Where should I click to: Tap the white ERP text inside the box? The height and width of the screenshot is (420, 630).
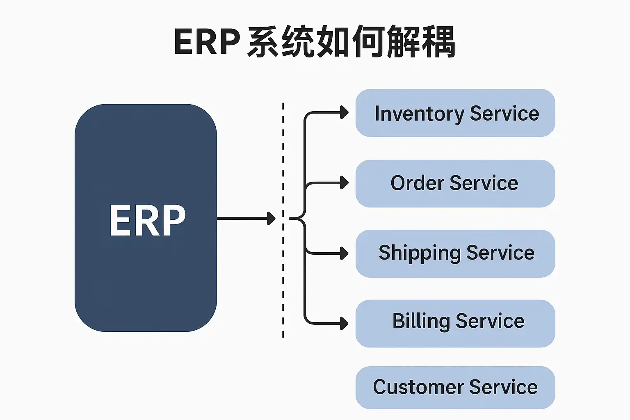click(148, 220)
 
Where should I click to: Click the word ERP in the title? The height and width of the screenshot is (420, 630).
click(207, 41)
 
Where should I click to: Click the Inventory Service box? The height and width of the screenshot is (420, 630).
click(455, 113)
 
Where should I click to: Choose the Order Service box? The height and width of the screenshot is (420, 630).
click(455, 183)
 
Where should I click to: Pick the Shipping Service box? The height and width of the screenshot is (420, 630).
click(455, 253)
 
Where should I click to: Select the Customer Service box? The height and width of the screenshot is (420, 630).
click(455, 388)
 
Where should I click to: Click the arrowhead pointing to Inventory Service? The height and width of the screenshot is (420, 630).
click(345, 112)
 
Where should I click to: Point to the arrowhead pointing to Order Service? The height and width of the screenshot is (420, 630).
click(345, 183)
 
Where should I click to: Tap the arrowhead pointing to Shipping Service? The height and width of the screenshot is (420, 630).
click(345, 253)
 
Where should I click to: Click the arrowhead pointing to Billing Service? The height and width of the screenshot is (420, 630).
click(345, 323)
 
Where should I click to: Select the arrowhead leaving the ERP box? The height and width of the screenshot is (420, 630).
click(271, 218)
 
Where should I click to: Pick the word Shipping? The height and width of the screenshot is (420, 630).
click(419, 253)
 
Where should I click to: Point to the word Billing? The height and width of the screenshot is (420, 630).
click(421, 321)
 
